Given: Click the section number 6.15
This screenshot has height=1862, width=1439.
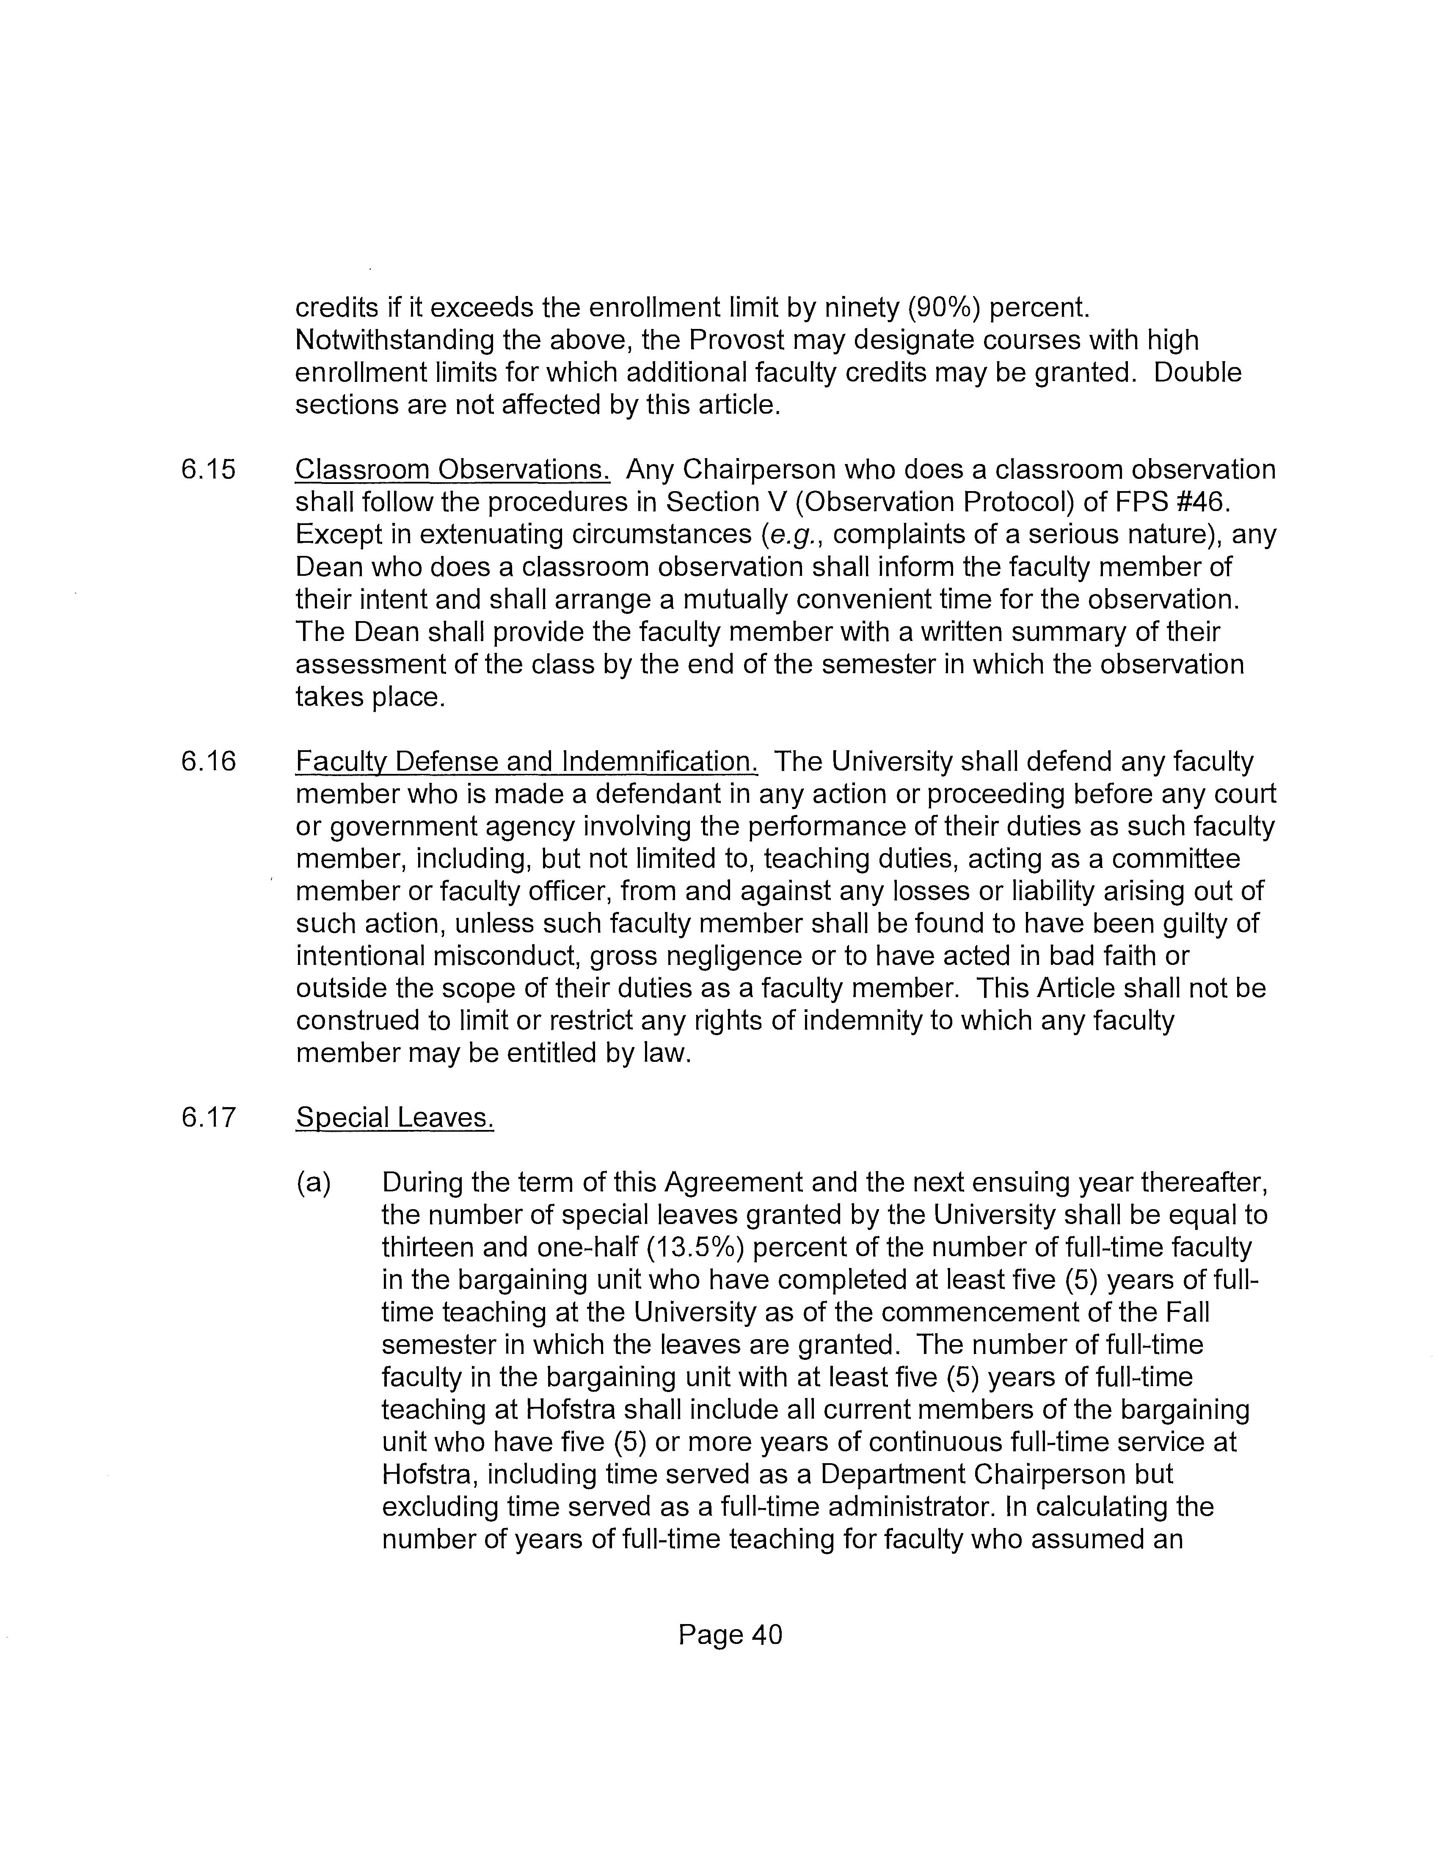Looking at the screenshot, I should tap(208, 470).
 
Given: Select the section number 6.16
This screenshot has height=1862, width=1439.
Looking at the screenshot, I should tap(208, 761).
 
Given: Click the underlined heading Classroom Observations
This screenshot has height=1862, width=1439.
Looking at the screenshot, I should tap(452, 470).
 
